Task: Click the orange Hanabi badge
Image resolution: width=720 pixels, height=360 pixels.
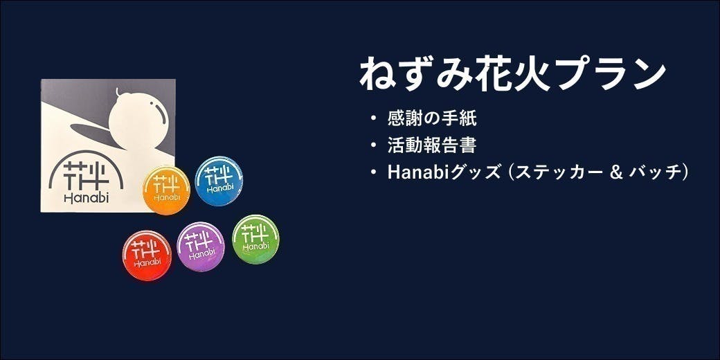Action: (x=166, y=190)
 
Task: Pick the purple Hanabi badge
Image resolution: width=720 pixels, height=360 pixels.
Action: (x=201, y=246)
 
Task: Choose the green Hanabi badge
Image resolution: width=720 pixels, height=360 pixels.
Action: (x=255, y=239)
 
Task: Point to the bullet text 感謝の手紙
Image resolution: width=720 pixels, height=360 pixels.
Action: (x=432, y=118)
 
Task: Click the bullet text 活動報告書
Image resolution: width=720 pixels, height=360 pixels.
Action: (x=432, y=145)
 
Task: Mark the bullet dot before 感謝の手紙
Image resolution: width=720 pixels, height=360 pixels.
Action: (x=375, y=118)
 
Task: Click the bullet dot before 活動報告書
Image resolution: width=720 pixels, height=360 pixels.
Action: (x=375, y=145)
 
